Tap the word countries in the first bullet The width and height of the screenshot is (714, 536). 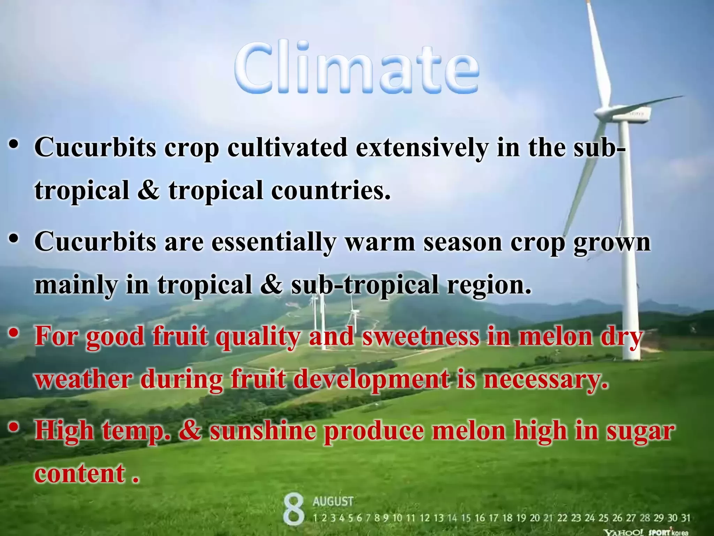(331, 191)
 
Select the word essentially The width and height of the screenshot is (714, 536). (274, 242)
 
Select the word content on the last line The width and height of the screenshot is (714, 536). (80, 474)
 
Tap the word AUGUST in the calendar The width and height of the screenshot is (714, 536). (333, 501)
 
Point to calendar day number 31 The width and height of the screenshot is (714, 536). (685, 518)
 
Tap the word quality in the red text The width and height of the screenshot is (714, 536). (257, 337)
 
